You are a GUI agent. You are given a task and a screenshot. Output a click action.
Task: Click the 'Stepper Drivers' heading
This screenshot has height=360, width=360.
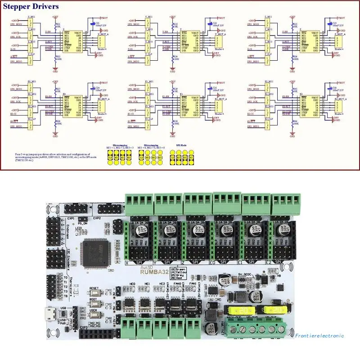coord(31,7)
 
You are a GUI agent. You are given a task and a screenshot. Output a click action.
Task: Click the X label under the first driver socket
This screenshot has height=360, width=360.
coord(127,262)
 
